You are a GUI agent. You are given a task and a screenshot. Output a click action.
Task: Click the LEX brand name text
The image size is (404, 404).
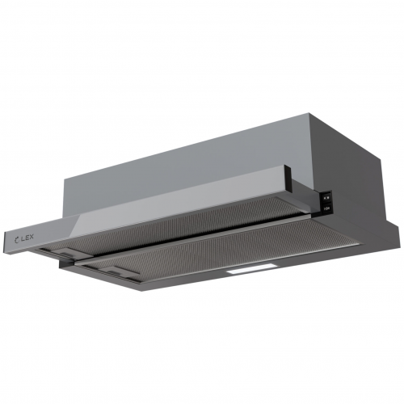point(28,236)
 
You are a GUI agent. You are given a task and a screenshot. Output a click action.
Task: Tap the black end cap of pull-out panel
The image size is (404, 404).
point(325,202)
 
